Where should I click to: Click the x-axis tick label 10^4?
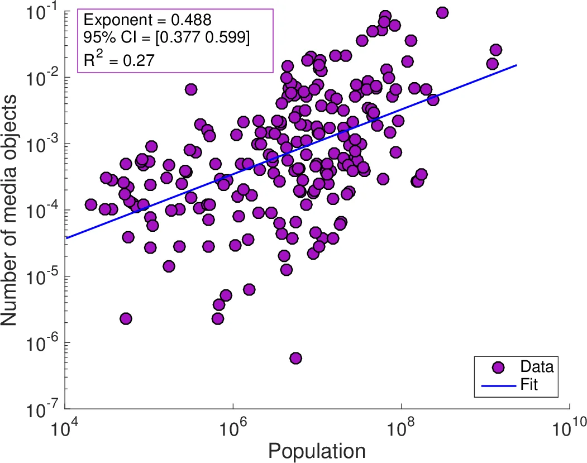point(65,429)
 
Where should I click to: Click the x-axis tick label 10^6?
point(233,429)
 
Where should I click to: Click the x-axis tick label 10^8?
point(401,429)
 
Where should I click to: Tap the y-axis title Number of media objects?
point(13,209)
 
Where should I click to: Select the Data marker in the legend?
point(498,367)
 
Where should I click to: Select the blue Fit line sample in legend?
point(498,384)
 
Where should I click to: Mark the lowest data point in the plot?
point(295,358)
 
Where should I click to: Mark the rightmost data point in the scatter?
point(495,50)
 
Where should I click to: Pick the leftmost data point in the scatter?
point(91,204)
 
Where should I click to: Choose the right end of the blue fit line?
point(517,65)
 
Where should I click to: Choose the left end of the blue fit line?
point(65,238)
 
